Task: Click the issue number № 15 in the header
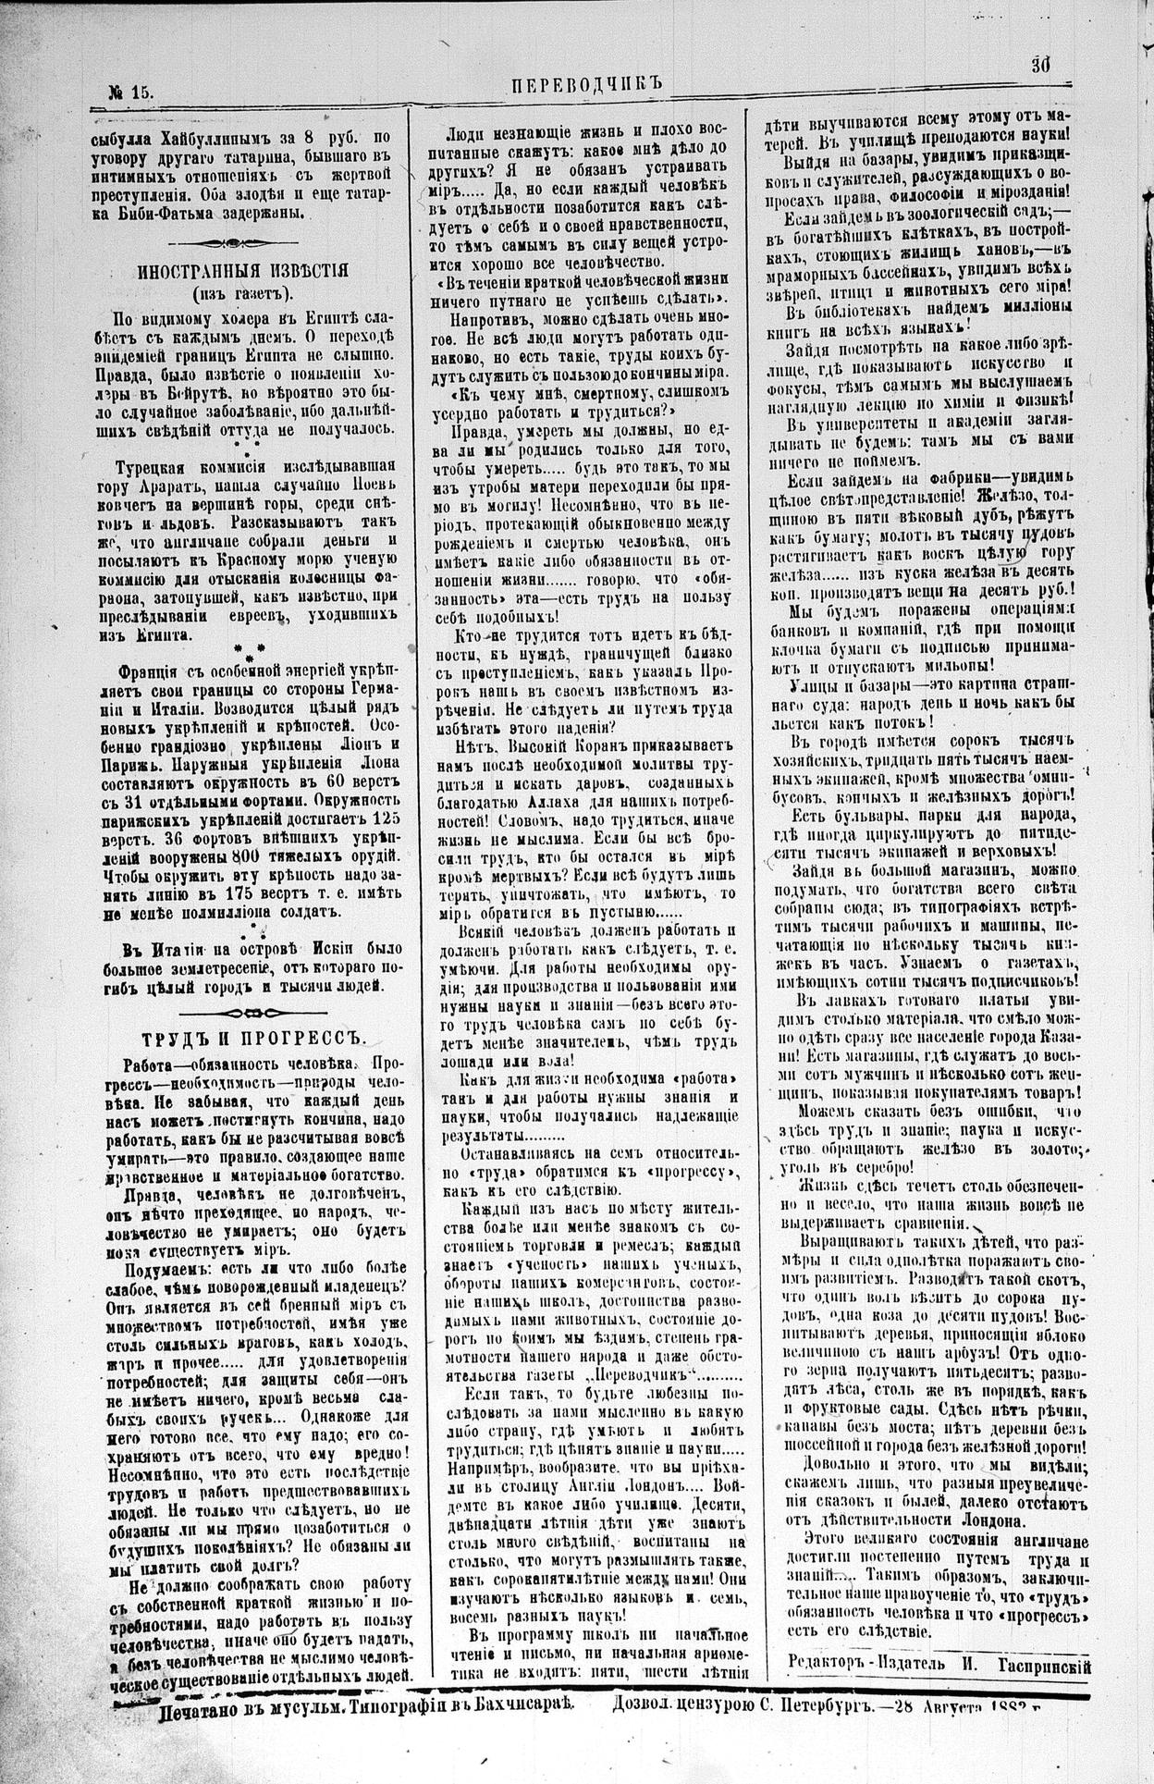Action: click(129, 92)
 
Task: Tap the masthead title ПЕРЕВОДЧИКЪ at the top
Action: click(587, 84)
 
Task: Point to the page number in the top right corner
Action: click(1041, 66)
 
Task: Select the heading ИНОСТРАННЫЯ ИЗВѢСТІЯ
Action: click(242, 271)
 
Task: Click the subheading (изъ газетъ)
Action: click(241, 294)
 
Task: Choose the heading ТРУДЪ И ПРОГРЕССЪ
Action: click(247, 1038)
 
